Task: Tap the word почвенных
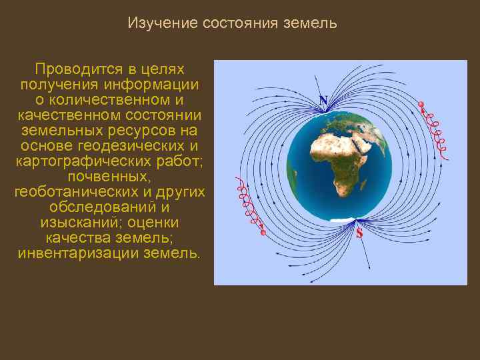point(109,177)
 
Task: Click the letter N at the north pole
point(323,101)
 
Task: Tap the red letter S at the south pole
point(359,233)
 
